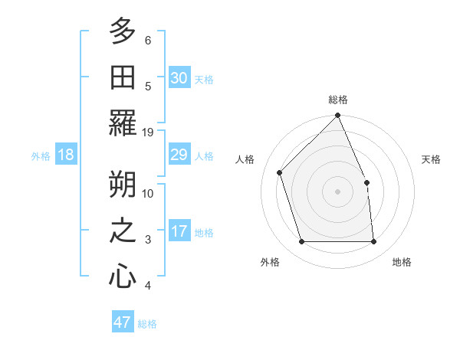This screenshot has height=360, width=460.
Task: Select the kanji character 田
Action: click(x=123, y=76)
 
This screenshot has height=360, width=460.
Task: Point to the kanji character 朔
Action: click(x=123, y=183)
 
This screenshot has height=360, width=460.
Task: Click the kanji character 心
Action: click(x=123, y=276)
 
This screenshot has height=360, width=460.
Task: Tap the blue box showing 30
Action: click(x=179, y=77)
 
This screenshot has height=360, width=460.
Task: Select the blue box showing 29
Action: click(x=179, y=155)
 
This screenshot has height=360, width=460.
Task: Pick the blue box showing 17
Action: click(x=179, y=231)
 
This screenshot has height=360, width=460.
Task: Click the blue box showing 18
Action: click(x=66, y=155)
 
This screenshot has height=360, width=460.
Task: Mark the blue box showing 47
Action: click(x=123, y=322)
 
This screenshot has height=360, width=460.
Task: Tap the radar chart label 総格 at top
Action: click(x=338, y=100)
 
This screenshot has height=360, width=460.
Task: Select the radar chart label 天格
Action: click(x=432, y=159)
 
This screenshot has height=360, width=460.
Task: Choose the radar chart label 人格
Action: click(x=245, y=159)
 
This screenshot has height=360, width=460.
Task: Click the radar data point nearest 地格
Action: click(x=374, y=242)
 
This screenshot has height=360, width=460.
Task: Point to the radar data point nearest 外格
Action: click(x=302, y=242)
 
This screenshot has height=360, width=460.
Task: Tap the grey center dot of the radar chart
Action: click(x=338, y=191)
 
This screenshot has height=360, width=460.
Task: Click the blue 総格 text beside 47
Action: click(x=147, y=324)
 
